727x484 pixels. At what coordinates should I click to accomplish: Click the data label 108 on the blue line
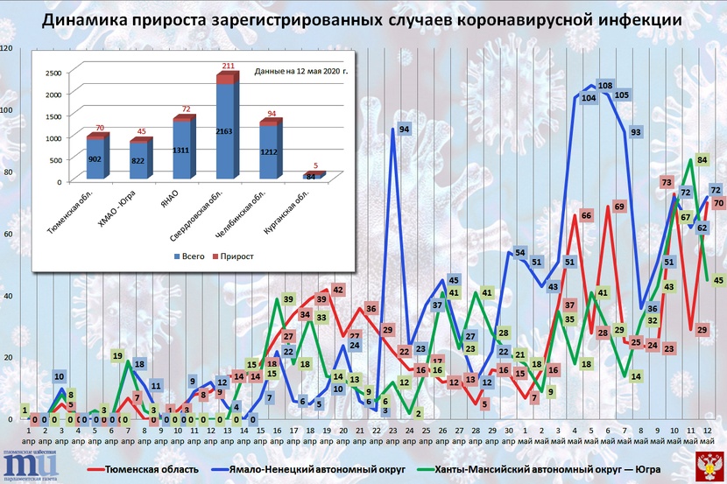coord(603,85)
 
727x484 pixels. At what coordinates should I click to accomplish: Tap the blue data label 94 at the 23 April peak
coord(404,130)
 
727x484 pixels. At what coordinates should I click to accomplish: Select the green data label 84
coord(702,159)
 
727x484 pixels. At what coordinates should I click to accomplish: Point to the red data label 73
coord(667,182)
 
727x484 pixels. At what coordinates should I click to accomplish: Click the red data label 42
coord(337,289)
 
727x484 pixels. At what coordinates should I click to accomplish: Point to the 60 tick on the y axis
coord(8,234)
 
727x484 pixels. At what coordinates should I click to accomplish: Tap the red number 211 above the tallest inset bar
coord(227,66)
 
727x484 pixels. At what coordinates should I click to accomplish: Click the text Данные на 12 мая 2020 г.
coord(301,70)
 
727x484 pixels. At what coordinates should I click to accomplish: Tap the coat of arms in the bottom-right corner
coord(708,466)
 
